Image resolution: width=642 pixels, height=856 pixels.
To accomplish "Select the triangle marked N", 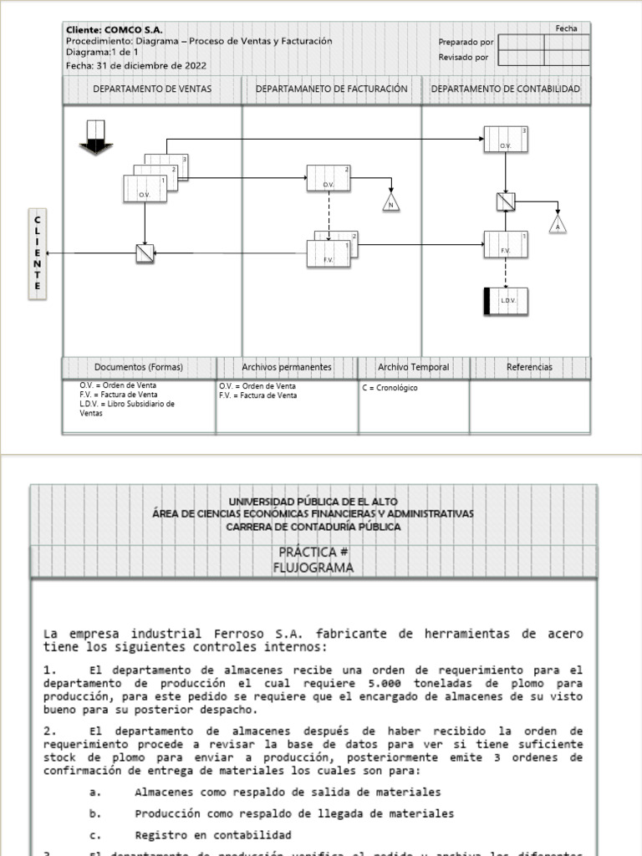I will [x=390, y=203].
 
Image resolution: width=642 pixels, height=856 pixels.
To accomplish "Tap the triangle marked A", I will [x=558, y=225].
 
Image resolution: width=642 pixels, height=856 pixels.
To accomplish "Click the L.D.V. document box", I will [x=506, y=300].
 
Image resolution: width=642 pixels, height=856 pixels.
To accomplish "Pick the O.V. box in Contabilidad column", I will [x=506, y=140].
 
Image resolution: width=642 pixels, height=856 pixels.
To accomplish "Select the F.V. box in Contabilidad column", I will [x=506, y=244].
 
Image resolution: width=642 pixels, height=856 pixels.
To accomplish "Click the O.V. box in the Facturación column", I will [x=329, y=178].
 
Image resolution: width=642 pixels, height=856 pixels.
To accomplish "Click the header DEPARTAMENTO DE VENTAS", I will [x=152, y=89].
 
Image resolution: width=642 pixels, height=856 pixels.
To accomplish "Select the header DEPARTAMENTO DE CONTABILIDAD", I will [x=506, y=89].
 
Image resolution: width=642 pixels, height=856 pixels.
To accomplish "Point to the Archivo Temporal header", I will [x=413, y=367].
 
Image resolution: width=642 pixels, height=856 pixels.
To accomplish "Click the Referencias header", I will [x=529, y=367].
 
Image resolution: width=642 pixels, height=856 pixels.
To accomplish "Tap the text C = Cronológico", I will [x=390, y=388].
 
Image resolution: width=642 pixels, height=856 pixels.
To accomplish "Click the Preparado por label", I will [x=466, y=42].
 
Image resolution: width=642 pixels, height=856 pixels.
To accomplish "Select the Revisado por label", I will [x=464, y=58].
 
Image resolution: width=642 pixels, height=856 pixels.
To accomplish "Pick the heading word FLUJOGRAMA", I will [x=313, y=568].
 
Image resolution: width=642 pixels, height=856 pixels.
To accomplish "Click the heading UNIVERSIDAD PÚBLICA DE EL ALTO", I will [x=313, y=501].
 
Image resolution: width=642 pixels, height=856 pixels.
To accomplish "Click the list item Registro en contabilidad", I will [x=213, y=835].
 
